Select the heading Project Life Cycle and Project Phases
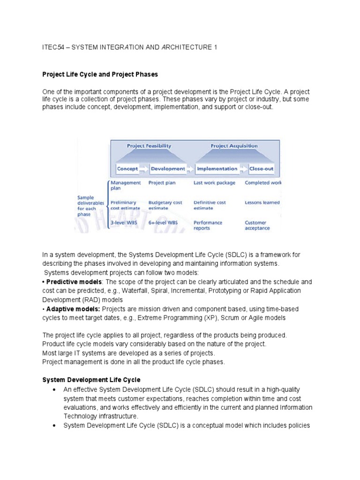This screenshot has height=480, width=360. click(x=100, y=74)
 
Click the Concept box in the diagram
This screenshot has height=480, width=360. click(x=127, y=169)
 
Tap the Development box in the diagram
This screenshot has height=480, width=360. click(x=168, y=169)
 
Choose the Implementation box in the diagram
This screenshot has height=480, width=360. click(x=217, y=169)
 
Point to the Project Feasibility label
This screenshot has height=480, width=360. click(x=149, y=146)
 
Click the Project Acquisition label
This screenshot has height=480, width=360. click(x=234, y=146)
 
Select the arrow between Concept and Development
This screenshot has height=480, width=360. click(x=144, y=169)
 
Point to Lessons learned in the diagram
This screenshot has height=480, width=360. click(x=262, y=202)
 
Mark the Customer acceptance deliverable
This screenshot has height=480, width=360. click(x=257, y=225)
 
